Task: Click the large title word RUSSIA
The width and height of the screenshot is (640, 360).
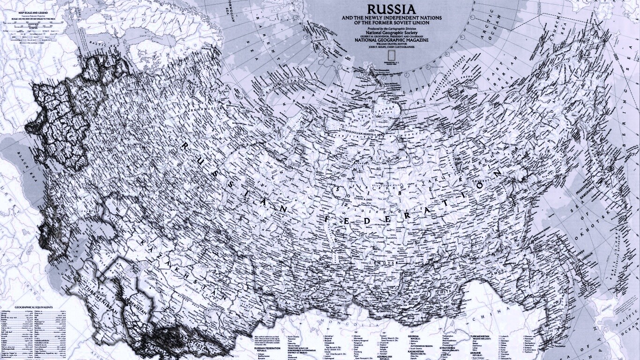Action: click(391, 9)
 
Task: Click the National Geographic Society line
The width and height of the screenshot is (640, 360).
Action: click(391, 31)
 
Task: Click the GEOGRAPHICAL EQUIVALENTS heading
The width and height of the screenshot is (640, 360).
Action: click(34, 307)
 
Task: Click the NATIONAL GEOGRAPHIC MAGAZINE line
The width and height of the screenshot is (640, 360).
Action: click(391, 40)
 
